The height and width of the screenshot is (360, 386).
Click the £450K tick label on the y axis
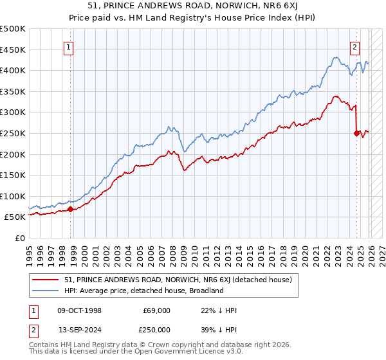(13, 50)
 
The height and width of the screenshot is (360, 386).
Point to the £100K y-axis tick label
(13, 196)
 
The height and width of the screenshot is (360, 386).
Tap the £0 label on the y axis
(19, 238)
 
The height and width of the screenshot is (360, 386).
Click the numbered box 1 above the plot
(69, 46)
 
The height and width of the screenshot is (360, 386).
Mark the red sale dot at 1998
(70, 209)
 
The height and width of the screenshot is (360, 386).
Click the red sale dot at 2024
(356, 133)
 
